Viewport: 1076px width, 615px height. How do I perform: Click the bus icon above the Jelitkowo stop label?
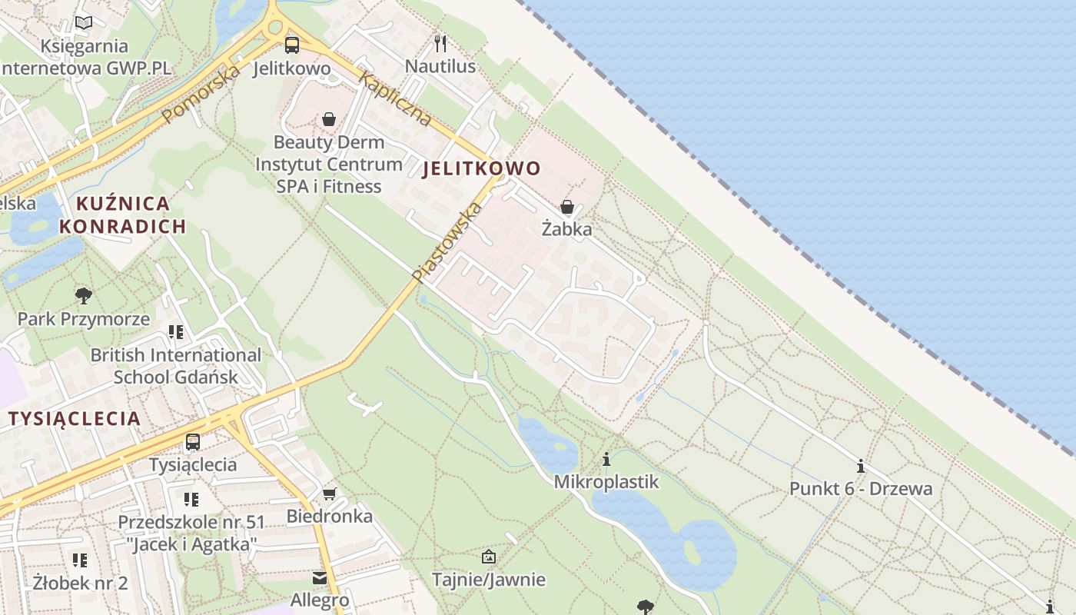(x=291, y=45)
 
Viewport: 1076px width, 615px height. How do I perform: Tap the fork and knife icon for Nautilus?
(x=440, y=42)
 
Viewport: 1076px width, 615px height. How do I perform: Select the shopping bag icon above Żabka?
(x=567, y=206)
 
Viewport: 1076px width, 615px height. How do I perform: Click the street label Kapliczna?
(x=394, y=99)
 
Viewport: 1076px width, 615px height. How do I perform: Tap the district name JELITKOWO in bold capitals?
(x=481, y=168)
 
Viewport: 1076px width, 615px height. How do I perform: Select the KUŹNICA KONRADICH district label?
(x=123, y=214)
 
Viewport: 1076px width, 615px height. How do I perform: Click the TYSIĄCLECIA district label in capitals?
(x=75, y=418)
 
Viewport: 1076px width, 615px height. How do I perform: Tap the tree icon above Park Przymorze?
(x=84, y=295)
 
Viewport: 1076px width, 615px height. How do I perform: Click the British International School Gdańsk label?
(x=176, y=366)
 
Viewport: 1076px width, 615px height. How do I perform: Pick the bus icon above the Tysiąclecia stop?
(x=193, y=442)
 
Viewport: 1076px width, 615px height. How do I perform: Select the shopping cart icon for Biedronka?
(x=330, y=494)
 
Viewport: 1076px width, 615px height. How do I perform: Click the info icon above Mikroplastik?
(x=606, y=459)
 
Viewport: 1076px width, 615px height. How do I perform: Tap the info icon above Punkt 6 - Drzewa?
(x=861, y=466)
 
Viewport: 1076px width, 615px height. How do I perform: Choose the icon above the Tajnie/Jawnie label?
(x=488, y=557)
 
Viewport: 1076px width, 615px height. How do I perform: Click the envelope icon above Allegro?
(x=320, y=577)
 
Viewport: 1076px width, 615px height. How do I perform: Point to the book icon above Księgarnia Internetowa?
(x=84, y=22)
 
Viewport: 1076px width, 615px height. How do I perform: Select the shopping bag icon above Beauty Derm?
(x=329, y=119)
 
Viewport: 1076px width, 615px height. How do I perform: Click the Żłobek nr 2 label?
(x=80, y=582)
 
